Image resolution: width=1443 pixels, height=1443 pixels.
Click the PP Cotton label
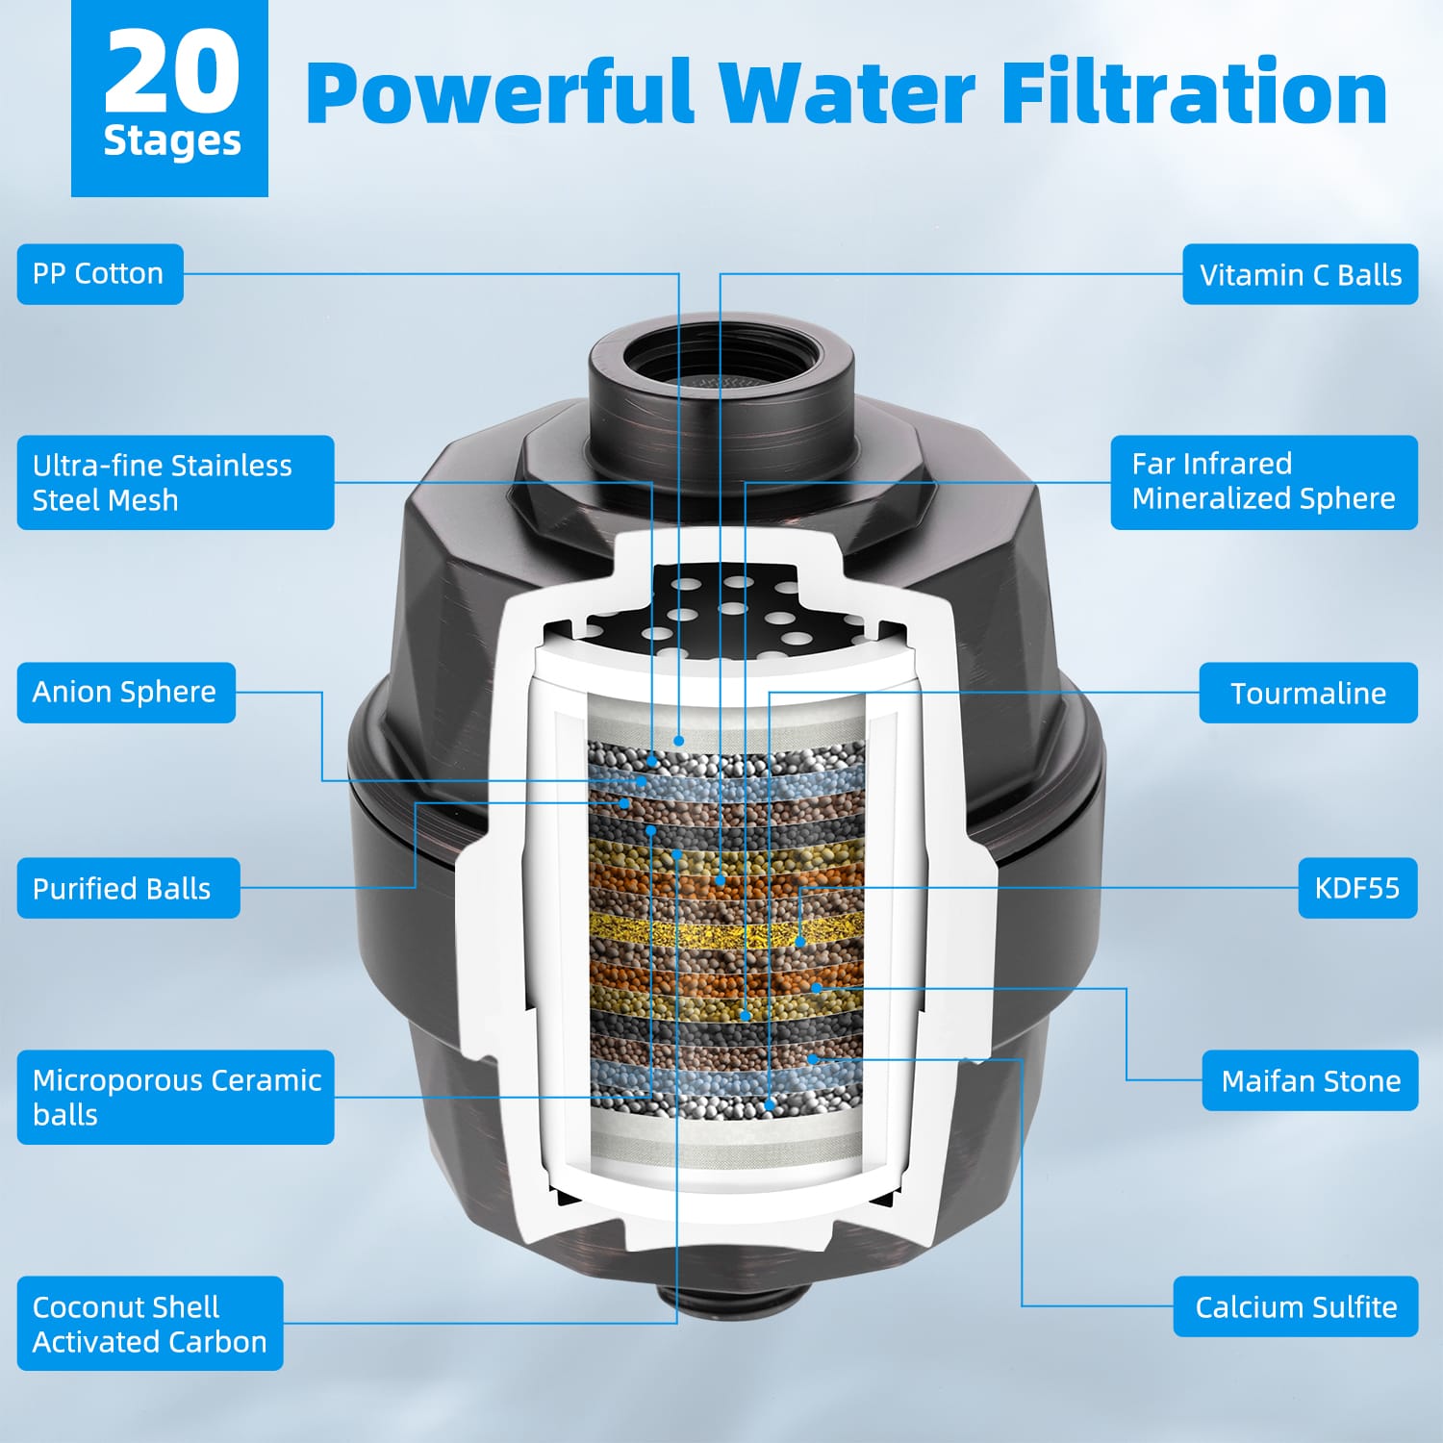[100, 274]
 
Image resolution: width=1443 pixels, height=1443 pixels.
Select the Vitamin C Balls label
[1300, 274]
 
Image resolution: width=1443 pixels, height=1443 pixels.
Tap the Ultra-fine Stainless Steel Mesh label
[175, 482]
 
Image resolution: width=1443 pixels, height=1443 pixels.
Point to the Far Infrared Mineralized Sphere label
[1264, 482]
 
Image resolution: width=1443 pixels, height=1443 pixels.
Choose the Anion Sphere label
[126, 693]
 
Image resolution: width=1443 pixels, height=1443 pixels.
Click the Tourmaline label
[1308, 693]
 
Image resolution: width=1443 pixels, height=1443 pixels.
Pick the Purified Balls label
[128, 888]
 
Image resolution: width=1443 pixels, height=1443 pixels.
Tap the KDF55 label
[1357, 888]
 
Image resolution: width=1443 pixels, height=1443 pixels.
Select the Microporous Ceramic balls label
[175, 1098]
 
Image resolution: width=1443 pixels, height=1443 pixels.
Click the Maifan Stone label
[1310, 1080]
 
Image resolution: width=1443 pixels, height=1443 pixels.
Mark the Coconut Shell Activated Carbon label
[150, 1324]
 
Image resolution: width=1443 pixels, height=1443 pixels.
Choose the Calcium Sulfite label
[1296, 1306]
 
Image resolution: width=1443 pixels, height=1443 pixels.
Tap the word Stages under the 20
[172, 141]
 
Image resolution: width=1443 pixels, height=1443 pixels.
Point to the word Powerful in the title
[499, 92]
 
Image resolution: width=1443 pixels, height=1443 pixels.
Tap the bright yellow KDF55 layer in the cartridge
[726, 929]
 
